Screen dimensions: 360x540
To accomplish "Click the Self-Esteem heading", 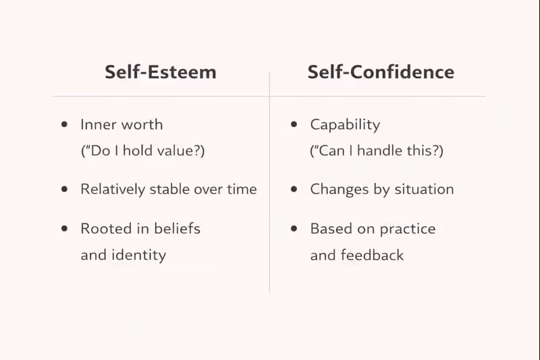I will coord(161,72).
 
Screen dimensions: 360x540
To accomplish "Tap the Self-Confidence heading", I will coord(381,72).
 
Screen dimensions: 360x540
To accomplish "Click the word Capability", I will coord(345,125).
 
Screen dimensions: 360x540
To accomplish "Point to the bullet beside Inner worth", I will coord(65,125).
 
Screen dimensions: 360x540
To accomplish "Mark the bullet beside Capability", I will coord(294,125).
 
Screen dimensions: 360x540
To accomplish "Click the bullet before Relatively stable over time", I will coord(65,190).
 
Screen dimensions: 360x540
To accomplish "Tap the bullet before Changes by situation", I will coord(294,190).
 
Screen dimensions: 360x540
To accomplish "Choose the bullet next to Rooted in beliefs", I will coord(65,229).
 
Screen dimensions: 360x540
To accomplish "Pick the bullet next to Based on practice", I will coord(294,229).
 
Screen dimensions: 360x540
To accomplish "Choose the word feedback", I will coord(372,255).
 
